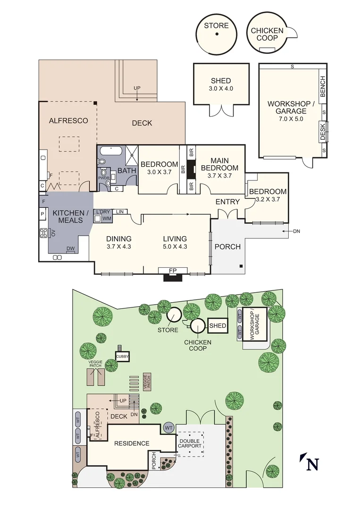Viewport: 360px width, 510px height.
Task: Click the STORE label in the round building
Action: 216,26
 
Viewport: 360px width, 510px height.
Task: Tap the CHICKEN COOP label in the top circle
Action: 267,34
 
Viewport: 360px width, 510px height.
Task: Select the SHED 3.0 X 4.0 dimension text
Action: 221,88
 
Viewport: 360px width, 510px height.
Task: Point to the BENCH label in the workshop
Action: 323,87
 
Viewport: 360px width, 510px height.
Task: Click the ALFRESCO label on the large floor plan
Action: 68,121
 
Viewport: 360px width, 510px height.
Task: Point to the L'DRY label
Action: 103,212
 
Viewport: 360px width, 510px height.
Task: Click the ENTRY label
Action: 227,202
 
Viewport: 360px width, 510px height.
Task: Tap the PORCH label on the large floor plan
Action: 227,246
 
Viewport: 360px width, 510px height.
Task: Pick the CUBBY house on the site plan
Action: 122,357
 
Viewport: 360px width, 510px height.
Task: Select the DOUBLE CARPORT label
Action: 191,442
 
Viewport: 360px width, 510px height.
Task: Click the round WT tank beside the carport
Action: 168,428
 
